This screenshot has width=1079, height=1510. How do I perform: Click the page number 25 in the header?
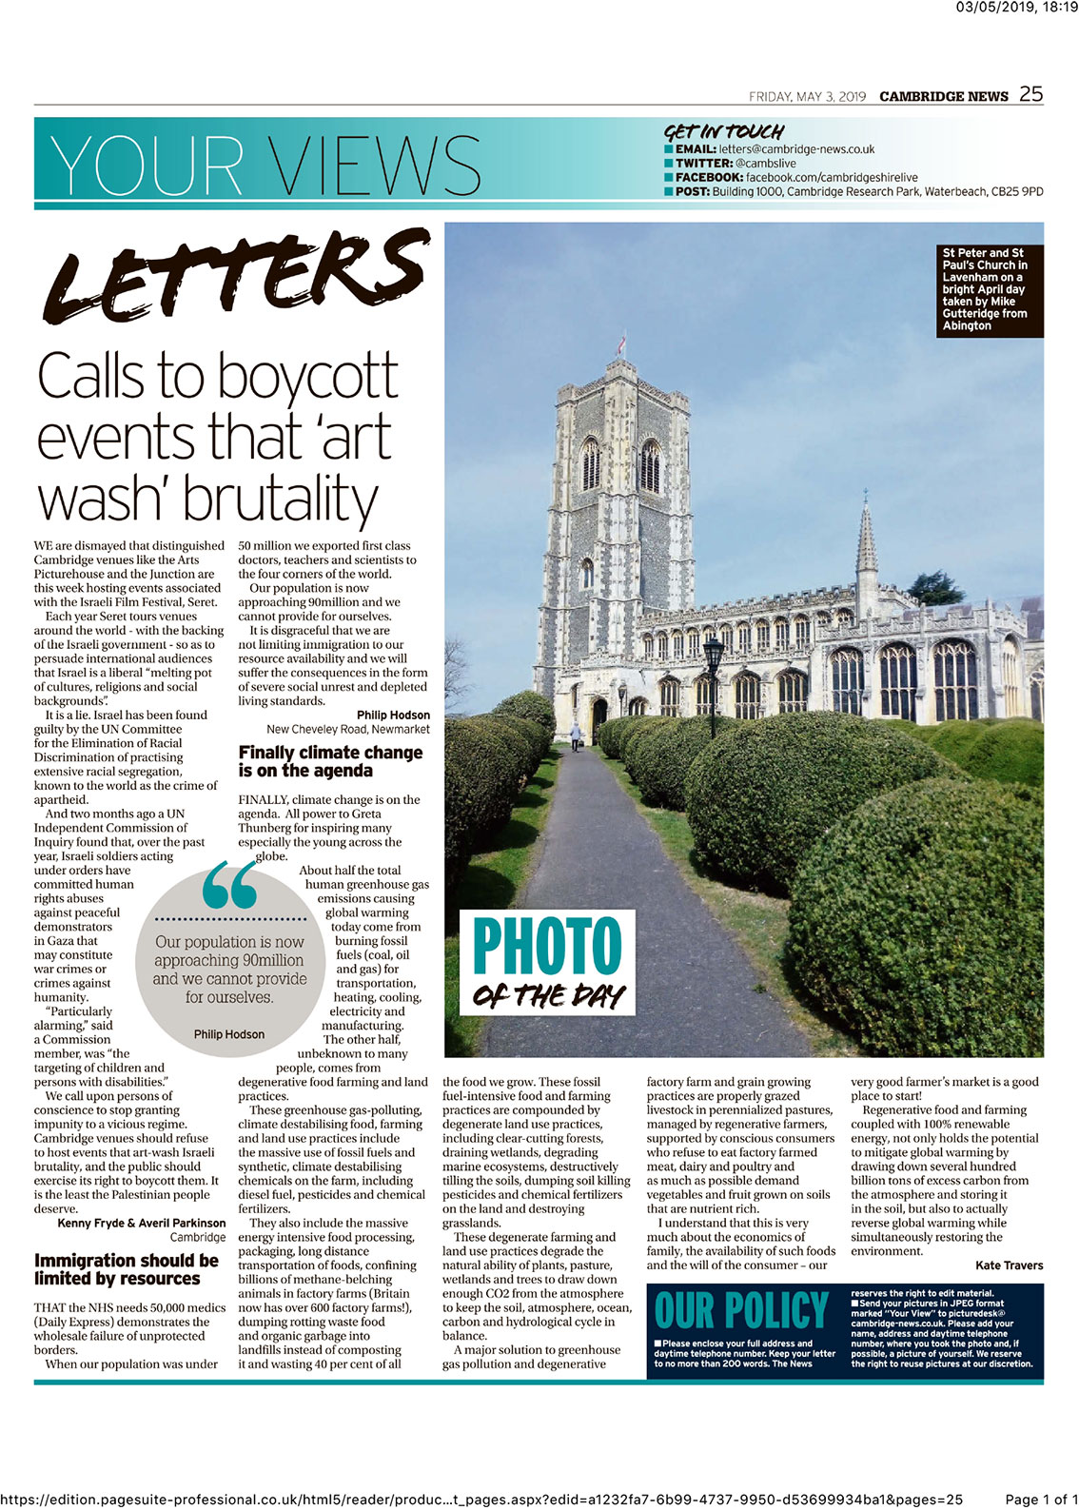coord(1030,94)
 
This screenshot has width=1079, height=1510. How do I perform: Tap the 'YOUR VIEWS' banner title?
coord(265,165)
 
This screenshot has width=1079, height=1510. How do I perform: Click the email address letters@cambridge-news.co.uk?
coord(795,149)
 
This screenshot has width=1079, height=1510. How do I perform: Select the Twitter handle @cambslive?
coord(765,164)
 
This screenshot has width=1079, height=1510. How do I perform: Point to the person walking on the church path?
coord(575,734)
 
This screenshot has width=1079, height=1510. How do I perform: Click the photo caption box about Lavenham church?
coord(989,290)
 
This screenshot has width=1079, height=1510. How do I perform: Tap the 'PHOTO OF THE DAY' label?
coord(548,962)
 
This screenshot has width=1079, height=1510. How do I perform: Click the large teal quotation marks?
coord(229,887)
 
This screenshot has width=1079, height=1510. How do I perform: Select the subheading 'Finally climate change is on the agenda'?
coord(330,761)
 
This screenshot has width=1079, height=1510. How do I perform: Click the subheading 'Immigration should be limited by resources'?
coord(127,1269)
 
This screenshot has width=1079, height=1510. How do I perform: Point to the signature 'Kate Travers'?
coord(1009,1265)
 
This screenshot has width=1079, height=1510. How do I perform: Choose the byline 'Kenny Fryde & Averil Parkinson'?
coord(142,1224)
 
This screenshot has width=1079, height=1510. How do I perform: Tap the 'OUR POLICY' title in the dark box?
coord(741,1311)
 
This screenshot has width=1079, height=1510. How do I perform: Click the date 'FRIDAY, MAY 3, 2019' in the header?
coord(807,97)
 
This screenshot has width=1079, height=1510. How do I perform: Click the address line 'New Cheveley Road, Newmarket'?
coord(347,730)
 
